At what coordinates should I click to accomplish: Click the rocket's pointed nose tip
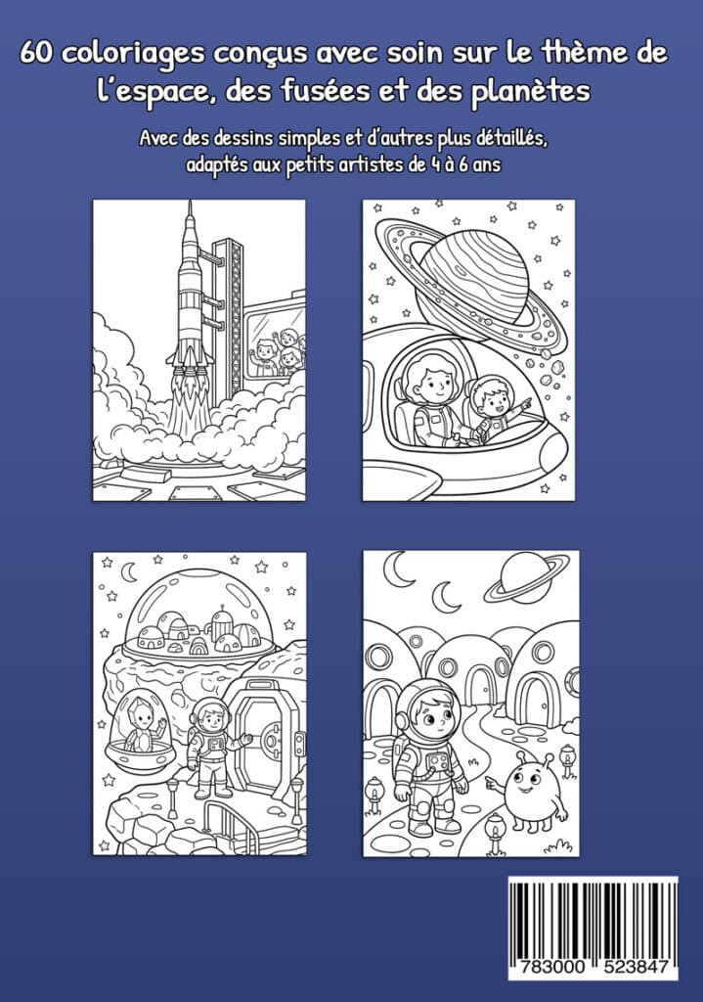point(190,202)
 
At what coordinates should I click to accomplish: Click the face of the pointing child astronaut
point(493,400)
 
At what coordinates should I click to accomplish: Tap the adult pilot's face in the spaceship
point(430,381)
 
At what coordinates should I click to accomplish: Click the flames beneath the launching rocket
point(191,401)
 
